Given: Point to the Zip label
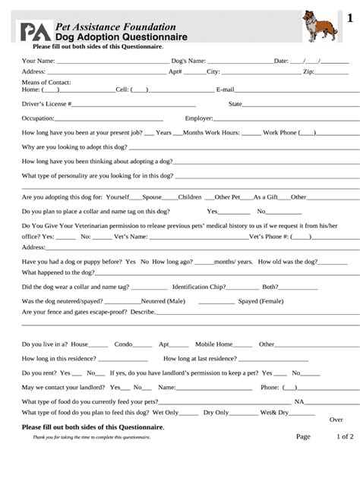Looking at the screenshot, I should tap(308, 72).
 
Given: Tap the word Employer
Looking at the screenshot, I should tap(199, 118).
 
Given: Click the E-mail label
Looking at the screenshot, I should tap(226, 90).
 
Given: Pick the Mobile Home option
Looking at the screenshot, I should tap(215, 344).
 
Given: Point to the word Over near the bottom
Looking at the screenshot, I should tap(336, 420).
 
